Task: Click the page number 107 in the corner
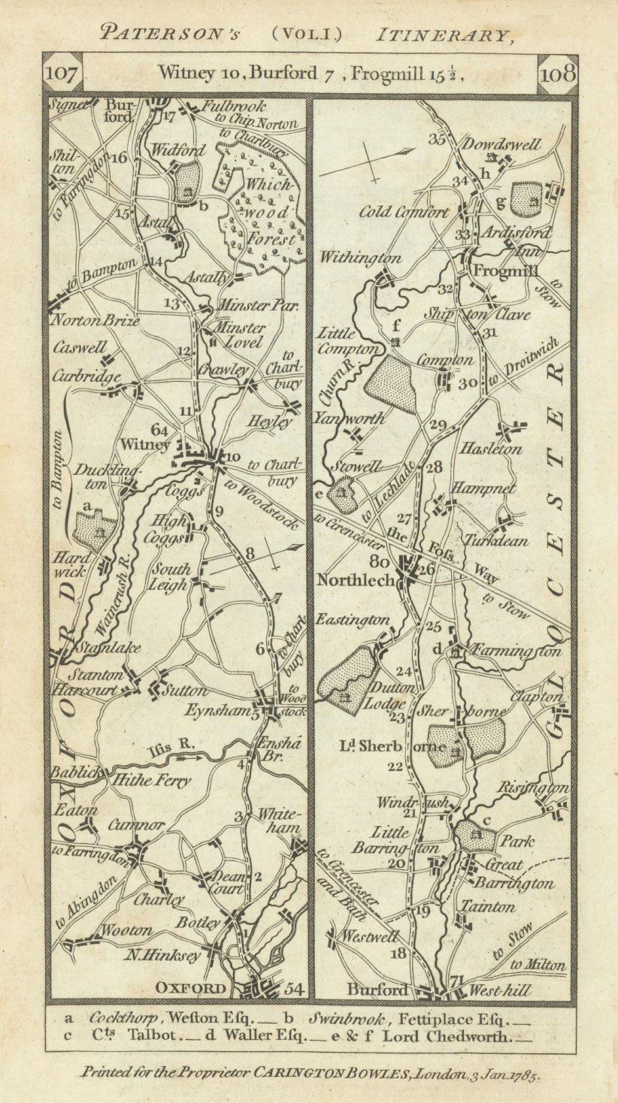coord(62,74)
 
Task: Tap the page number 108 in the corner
coord(556,74)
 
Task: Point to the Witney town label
coord(153,445)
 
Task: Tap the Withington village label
coord(360,258)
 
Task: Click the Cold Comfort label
coord(404,212)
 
